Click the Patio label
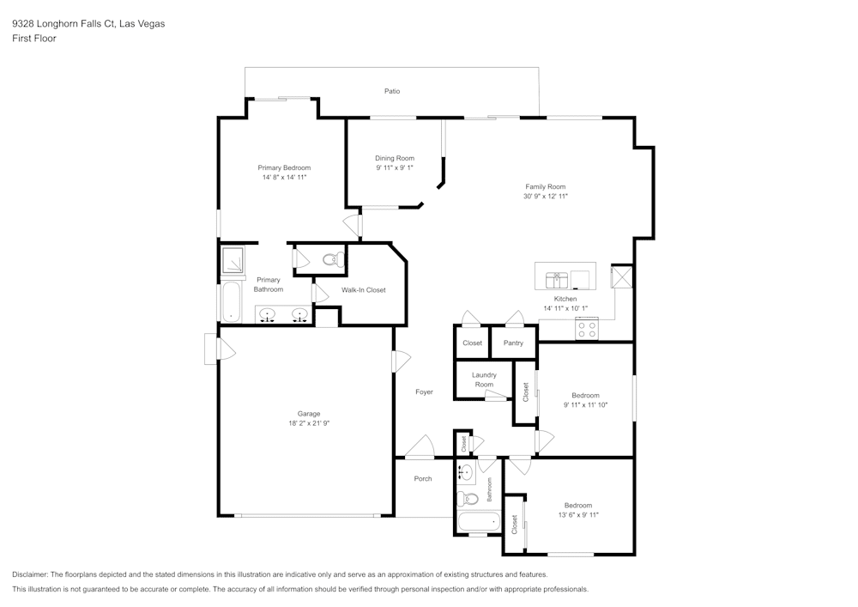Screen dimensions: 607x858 [x=392, y=91]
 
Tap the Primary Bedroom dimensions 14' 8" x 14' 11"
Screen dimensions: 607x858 [x=284, y=177]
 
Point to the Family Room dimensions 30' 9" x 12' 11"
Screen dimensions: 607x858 [x=545, y=197]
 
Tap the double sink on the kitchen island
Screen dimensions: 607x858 [x=555, y=278]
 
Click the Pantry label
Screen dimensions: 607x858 [x=513, y=343]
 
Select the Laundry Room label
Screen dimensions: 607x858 [x=484, y=379]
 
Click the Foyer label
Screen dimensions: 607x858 [x=424, y=392]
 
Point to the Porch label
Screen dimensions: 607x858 [x=423, y=478]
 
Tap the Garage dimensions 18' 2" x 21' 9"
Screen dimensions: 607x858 [x=308, y=423]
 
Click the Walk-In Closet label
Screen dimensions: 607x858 [x=364, y=290]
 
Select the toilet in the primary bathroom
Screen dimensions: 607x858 [x=330, y=258]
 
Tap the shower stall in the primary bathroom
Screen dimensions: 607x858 [x=232, y=259]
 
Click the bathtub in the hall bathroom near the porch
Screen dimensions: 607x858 [x=478, y=522]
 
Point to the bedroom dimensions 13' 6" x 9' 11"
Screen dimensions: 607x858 [x=577, y=515]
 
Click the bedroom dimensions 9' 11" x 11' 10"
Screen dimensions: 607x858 [x=585, y=404]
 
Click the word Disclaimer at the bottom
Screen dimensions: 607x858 [x=31, y=574]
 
